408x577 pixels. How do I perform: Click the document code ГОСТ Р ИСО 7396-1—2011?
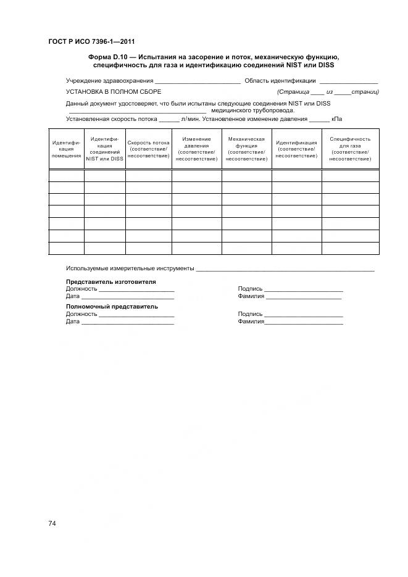click(x=91, y=41)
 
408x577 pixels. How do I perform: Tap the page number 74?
click(x=52, y=523)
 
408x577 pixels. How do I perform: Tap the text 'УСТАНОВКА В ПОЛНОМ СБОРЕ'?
click(x=114, y=92)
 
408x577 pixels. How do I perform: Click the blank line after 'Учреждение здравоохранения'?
click(x=197, y=81)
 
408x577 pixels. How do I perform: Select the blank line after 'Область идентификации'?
click(x=348, y=81)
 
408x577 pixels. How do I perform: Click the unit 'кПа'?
click(x=336, y=118)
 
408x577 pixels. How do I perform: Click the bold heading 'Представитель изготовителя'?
click(x=111, y=281)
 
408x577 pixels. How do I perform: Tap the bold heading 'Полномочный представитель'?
click(x=112, y=306)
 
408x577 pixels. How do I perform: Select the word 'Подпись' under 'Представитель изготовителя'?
click(x=250, y=289)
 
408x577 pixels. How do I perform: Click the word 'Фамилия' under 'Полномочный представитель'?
click(x=251, y=322)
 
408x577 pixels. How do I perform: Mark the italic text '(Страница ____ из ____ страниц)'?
click(x=328, y=92)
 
